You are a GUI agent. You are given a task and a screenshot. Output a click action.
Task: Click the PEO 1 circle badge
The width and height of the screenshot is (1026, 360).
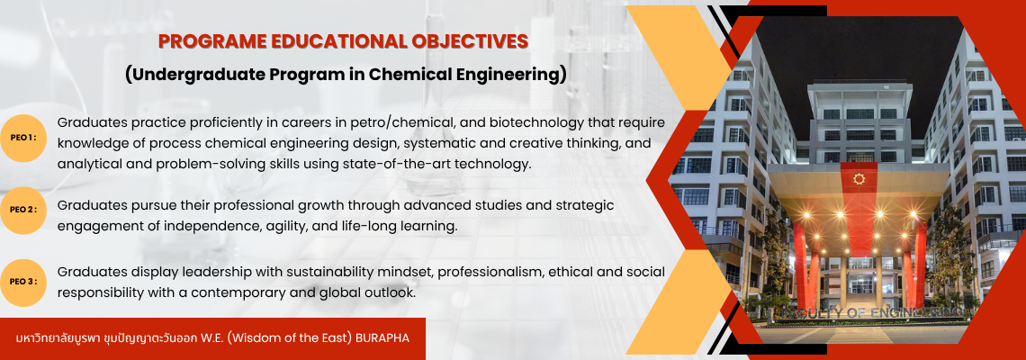[x=22, y=138]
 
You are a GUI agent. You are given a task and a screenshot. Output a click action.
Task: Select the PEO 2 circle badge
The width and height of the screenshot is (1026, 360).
[x=22, y=210]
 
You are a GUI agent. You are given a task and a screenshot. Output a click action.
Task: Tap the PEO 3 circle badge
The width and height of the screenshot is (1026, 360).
[x=22, y=282]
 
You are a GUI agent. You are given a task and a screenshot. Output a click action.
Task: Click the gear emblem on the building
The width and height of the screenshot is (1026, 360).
[x=859, y=179]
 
